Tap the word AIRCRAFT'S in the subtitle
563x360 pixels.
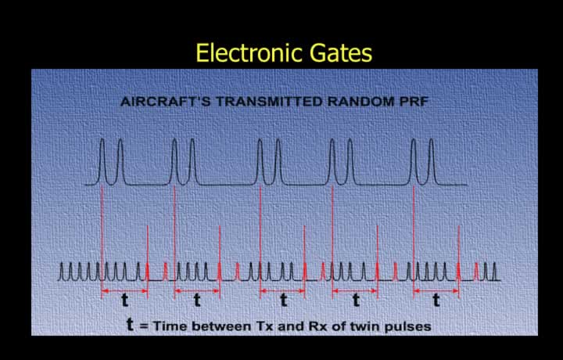[x=166, y=102]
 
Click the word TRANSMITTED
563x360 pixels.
[x=269, y=102]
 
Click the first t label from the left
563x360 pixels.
[x=124, y=300]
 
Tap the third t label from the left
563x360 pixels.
[x=284, y=300]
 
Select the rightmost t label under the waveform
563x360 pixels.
[x=436, y=300]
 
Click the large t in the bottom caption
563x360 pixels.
[x=131, y=324]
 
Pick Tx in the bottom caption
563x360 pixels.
[x=264, y=326]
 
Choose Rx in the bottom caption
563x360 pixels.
[x=317, y=326]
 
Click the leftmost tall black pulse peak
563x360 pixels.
[x=102, y=140]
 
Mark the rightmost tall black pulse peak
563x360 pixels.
[x=432, y=140]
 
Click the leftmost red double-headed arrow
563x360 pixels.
[x=124, y=290]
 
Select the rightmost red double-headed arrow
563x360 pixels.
[x=436, y=290]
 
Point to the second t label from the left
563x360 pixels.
[x=197, y=300]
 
